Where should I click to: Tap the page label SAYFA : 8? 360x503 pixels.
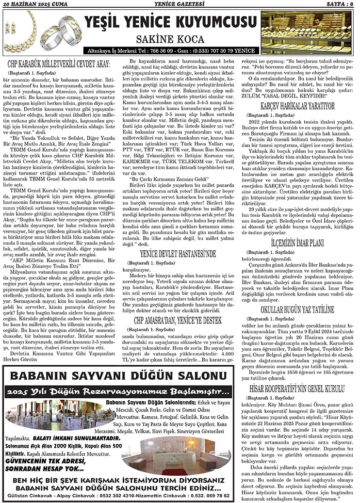pyautogui.click(x=338, y=4)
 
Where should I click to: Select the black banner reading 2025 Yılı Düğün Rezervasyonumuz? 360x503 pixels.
pyautogui.click(x=125, y=391)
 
